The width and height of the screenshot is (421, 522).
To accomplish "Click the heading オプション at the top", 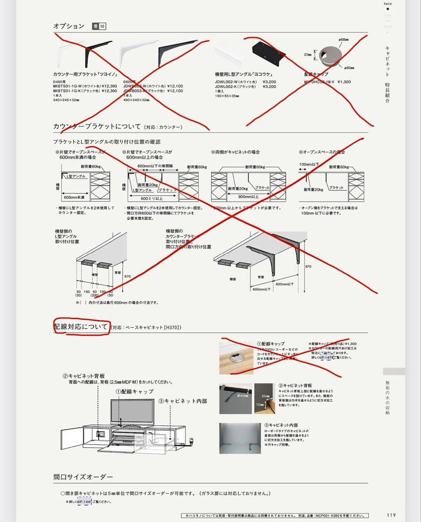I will (x=69, y=26).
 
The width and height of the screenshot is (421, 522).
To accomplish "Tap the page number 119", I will (x=391, y=515).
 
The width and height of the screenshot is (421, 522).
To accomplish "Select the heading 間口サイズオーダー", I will (x=83, y=477).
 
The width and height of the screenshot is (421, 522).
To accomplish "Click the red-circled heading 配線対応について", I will (x=81, y=327).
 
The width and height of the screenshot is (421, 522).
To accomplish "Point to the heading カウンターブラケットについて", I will (x=97, y=127).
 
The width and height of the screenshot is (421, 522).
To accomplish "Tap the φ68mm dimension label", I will (x=344, y=40).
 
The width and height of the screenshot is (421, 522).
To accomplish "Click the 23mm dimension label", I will (x=307, y=55).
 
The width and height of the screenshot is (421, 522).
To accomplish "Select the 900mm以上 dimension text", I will (x=248, y=197).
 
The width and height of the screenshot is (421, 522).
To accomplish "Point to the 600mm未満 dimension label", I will (x=74, y=197).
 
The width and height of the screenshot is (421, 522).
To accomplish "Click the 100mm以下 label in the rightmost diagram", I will (x=309, y=164).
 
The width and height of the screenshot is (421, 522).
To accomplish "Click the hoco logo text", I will (x=388, y=3).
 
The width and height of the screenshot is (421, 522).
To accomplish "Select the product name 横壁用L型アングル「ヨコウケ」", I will (x=244, y=74).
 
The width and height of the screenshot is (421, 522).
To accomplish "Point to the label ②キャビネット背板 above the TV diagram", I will (x=84, y=376).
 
